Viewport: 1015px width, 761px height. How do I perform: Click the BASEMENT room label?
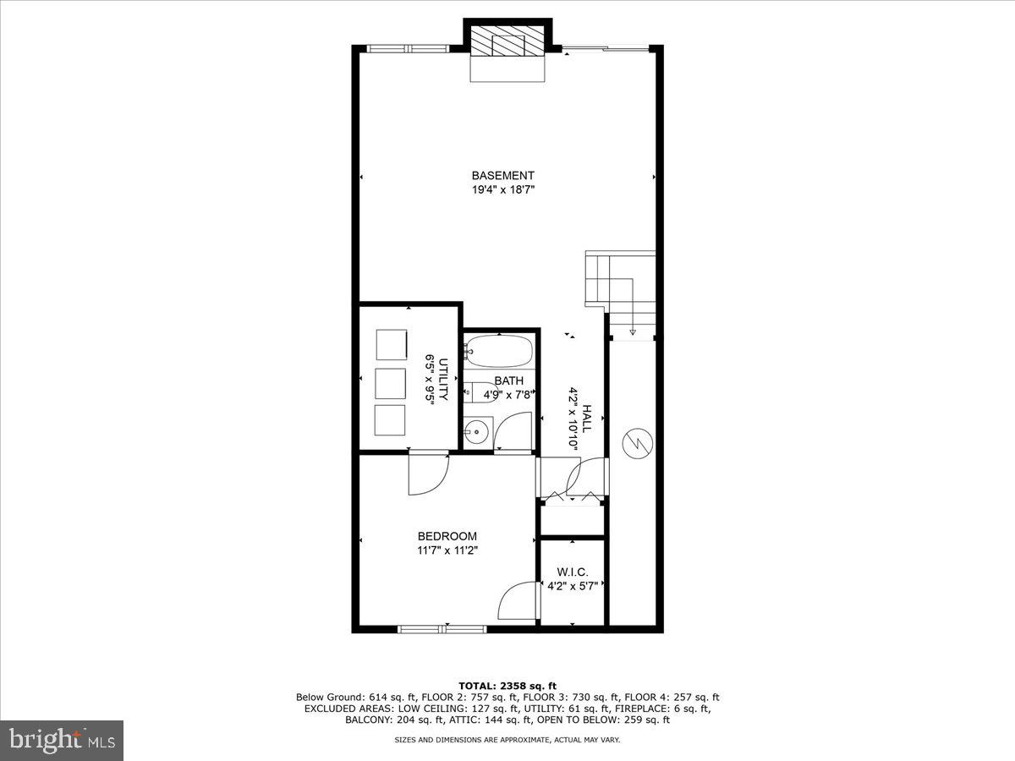pos(503,176)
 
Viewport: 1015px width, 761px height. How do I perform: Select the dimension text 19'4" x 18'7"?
pos(503,190)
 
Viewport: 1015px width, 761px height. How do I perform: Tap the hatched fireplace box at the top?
pos(507,41)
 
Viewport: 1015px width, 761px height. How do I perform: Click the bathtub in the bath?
pos(499,349)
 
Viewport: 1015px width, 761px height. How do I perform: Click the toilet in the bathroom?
pos(474,391)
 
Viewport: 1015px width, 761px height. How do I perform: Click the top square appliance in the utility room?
pos(390,345)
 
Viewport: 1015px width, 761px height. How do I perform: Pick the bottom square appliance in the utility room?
pos(390,420)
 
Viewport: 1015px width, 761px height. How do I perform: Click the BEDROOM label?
pos(447,536)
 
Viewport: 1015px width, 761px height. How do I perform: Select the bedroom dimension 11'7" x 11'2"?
pos(447,550)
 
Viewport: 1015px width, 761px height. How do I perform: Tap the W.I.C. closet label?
pos(572,572)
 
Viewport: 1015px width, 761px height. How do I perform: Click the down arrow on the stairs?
pos(633,331)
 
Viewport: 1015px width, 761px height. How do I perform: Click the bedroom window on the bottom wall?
pos(442,628)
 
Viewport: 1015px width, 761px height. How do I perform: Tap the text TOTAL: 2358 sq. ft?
pos(507,686)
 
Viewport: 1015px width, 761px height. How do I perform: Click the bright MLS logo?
pos(62,740)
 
